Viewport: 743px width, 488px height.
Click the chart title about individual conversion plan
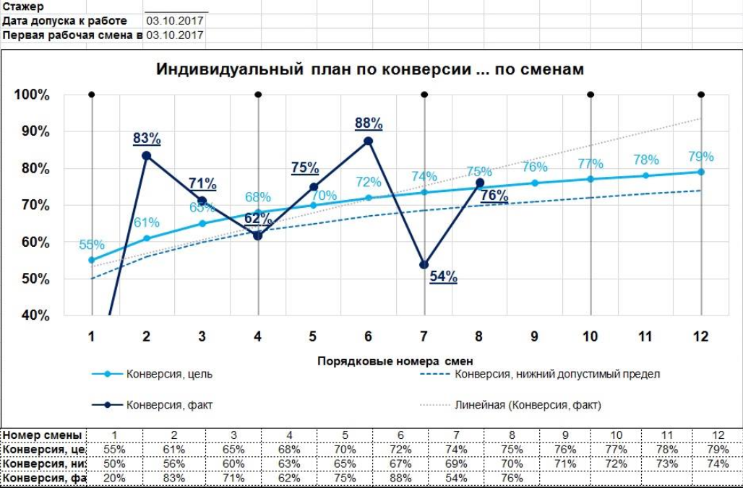click(x=370, y=69)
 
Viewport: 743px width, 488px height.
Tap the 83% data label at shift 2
click(x=147, y=138)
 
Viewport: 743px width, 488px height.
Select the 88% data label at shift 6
click(x=369, y=123)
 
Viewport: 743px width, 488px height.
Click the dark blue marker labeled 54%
click(x=424, y=265)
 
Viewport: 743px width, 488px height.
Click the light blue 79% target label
click(x=700, y=157)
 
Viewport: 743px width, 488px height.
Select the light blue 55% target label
click(x=92, y=245)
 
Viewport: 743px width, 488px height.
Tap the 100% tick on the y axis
click(x=33, y=95)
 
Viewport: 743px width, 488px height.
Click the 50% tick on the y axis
click(x=33, y=279)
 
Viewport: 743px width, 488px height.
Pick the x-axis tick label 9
click(x=534, y=336)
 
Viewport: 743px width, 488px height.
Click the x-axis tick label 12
click(x=700, y=336)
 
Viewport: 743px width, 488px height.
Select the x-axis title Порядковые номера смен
click(x=395, y=360)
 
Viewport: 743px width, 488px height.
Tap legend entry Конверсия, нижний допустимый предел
click(x=557, y=374)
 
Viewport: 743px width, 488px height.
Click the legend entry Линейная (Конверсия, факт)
click(x=528, y=405)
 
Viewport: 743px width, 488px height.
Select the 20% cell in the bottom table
click(x=115, y=478)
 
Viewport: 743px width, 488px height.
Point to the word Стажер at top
click(x=24, y=6)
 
